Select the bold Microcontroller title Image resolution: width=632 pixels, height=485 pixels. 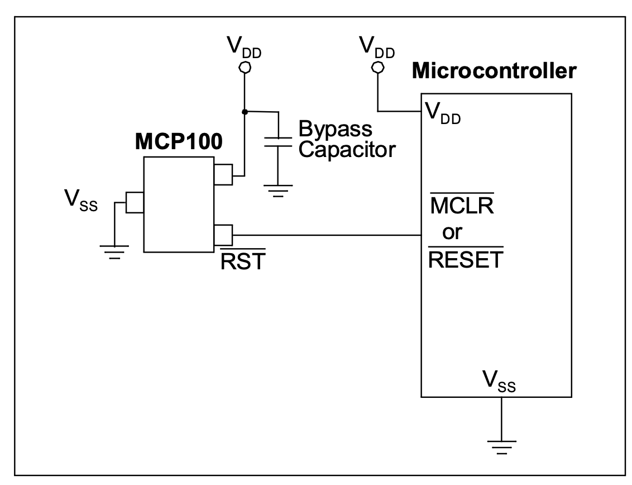pos(493,72)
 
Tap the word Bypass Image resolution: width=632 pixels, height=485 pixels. pos(335,129)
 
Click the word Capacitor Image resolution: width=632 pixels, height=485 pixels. pos(347,150)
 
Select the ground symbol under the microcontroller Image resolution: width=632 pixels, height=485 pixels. pos(501,447)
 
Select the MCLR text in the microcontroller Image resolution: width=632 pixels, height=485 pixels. pos(458,208)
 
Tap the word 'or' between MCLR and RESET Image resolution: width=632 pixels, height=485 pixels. pos(452,233)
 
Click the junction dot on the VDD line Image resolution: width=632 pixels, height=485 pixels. pos(244,112)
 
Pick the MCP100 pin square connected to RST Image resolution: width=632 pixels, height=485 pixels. pos(222,234)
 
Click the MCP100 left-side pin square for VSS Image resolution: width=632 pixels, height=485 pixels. pos(135,203)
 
